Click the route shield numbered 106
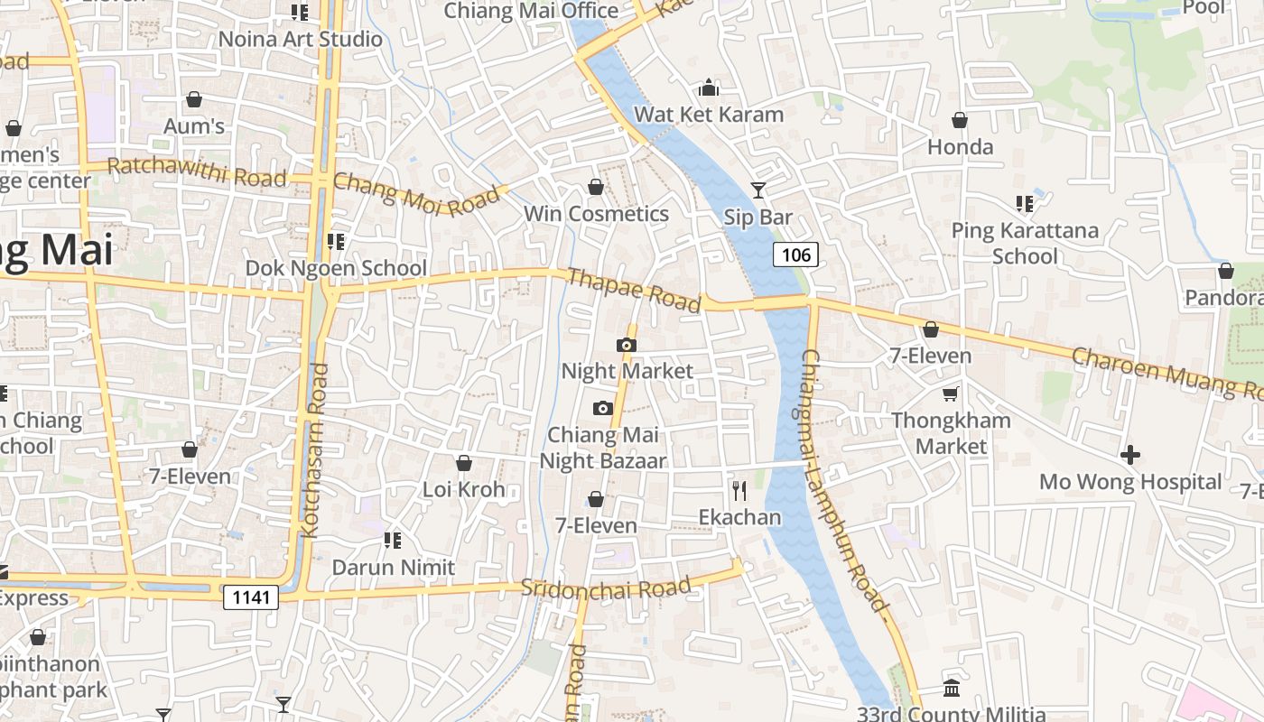click(x=795, y=255)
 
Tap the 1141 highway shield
click(x=251, y=597)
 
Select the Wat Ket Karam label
click(x=709, y=115)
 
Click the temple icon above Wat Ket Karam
click(x=709, y=88)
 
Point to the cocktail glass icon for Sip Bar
click(x=758, y=190)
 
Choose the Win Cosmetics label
click(x=596, y=214)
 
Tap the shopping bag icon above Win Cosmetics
click(x=596, y=187)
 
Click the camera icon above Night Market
click(x=626, y=345)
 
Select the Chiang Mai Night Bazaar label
click(x=603, y=448)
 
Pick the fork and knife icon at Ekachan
click(x=739, y=490)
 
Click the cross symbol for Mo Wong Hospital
click(x=1130, y=455)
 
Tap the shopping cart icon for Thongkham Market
click(x=951, y=393)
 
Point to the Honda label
click(x=960, y=146)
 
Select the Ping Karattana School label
click(x=1025, y=243)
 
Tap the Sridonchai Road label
click(x=606, y=588)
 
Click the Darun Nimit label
click(x=393, y=568)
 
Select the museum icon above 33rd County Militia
click(x=951, y=689)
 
